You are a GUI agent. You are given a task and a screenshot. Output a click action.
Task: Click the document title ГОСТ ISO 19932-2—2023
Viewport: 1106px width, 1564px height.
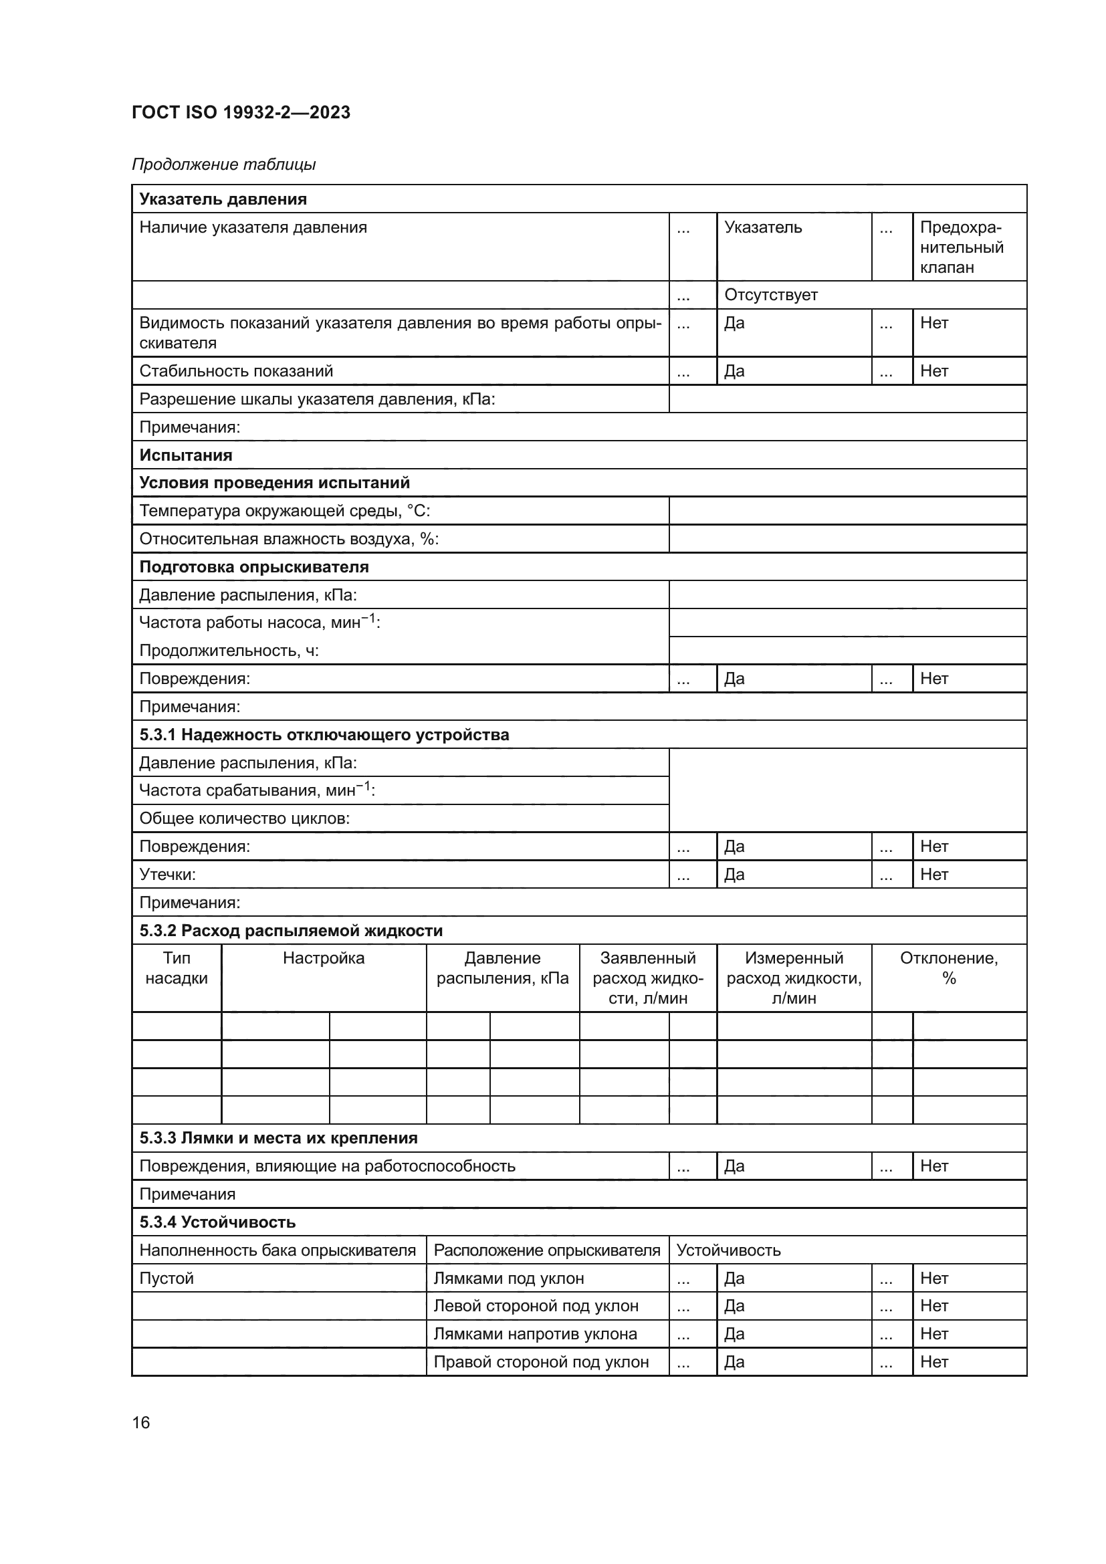click(241, 112)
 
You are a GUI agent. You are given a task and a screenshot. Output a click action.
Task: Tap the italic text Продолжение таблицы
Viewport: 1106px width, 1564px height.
click(223, 164)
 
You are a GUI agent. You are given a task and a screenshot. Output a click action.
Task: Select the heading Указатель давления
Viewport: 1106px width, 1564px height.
click(223, 199)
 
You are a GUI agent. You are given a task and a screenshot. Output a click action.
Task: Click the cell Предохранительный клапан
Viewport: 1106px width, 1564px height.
click(961, 247)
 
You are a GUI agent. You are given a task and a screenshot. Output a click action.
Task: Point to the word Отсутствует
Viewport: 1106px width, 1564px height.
click(770, 295)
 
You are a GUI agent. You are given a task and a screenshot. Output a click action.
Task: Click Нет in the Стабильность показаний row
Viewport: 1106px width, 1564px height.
click(933, 371)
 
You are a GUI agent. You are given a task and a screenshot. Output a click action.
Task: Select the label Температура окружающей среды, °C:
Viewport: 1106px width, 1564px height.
click(284, 511)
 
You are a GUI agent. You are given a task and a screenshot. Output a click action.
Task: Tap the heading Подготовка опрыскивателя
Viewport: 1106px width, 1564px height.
click(253, 567)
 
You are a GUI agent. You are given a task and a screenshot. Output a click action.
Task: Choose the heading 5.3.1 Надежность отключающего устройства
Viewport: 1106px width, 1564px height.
click(324, 734)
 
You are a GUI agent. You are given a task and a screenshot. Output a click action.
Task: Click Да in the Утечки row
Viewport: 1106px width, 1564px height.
click(734, 874)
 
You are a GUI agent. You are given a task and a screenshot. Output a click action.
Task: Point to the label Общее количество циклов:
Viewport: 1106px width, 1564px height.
click(244, 818)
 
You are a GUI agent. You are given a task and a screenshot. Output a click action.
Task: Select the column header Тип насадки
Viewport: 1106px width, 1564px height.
click(177, 968)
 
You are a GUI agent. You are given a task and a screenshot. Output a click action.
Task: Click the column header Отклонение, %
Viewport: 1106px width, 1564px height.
click(948, 968)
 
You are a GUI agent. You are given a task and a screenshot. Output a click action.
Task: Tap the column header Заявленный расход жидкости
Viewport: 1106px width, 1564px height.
click(647, 978)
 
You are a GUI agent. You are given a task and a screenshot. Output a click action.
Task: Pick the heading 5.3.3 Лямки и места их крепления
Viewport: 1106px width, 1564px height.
click(278, 1137)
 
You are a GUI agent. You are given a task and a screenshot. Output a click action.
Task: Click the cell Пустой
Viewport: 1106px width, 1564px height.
click(167, 1278)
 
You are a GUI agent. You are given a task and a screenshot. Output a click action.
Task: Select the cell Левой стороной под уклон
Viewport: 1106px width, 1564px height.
click(536, 1306)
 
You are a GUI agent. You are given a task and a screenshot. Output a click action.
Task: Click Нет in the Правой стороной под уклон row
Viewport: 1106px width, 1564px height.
click(933, 1361)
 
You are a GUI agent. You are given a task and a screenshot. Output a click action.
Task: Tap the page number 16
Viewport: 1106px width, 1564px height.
click(141, 1422)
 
